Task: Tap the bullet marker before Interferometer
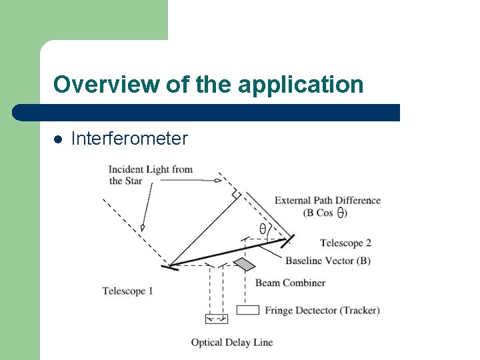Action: [58, 139]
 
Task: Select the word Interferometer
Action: [129, 139]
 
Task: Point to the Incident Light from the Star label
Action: [150, 175]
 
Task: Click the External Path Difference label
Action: [327, 200]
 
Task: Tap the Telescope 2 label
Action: [345, 243]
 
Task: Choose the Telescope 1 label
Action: [128, 291]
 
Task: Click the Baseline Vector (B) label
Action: [327, 260]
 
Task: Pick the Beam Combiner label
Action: [290, 283]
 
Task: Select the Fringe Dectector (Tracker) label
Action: [322, 310]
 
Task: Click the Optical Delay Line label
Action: [232, 342]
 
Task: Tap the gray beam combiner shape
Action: [245, 265]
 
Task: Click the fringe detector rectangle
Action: [248, 310]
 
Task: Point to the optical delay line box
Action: [216, 318]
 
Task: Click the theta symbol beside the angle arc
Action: [263, 229]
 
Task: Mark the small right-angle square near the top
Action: [235, 193]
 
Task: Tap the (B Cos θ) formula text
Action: [325, 213]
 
